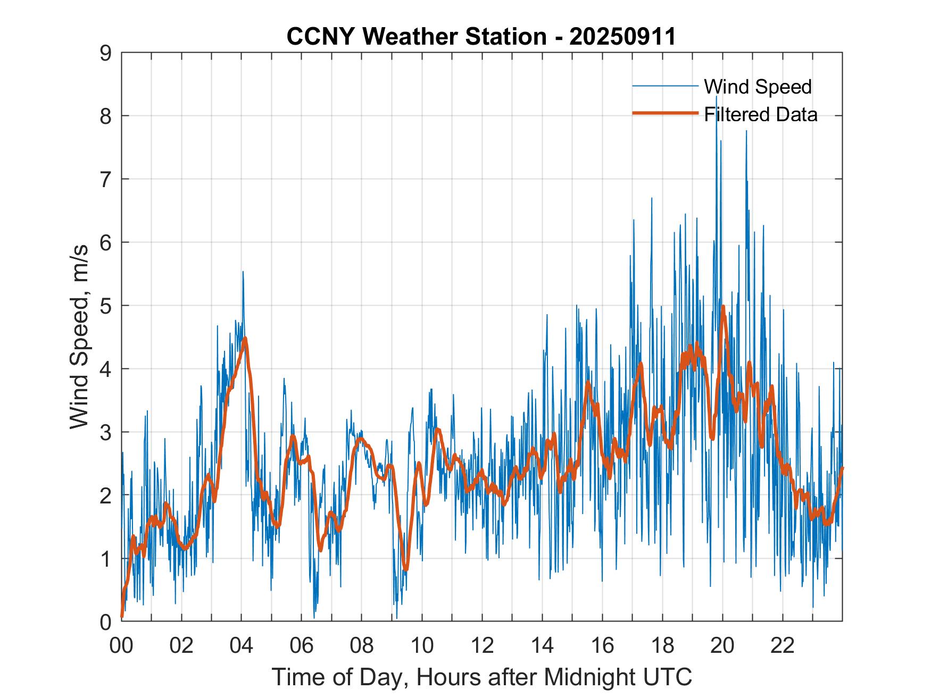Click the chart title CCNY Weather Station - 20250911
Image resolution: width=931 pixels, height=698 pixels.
pyautogui.click(x=481, y=37)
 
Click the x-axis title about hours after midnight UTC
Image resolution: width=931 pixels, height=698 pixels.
pyautogui.click(x=482, y=677)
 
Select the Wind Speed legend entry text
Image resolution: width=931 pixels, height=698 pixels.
pyautogui.click(x=758, y=87)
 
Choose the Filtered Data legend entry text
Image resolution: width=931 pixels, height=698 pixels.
pyautogui.click(x=760, y=114)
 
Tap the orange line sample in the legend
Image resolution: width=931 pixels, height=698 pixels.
pyautogui.click(x=665, y=113)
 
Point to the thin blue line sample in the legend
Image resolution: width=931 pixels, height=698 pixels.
pyautogui.click(x=665, y=86)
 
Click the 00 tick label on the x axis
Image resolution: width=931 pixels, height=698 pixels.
pyautogui.click(x=121, y=645)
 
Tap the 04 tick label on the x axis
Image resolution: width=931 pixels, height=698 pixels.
pyautogui.click(x=242, y=645)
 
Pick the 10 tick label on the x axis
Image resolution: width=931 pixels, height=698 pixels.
pyautogui.click(x=422, y=645)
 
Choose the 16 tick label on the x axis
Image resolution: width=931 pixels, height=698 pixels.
pyautogui.click(x=602, y=645)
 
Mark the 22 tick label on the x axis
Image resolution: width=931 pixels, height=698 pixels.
pyautogui.click(x=783, y=645)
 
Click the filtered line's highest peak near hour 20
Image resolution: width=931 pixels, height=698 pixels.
pyautogui.click(x=723, y=307)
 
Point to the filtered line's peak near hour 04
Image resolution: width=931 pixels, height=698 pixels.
pyautogui.click(x=244, y=338)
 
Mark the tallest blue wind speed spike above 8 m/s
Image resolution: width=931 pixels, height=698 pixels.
pyautogui.click(x=717, y=97)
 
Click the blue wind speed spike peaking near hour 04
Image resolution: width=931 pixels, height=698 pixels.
pyautogui.click(x=243, y=272)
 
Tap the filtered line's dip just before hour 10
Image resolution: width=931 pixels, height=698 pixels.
pyautogui.click(x=406, y=569)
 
